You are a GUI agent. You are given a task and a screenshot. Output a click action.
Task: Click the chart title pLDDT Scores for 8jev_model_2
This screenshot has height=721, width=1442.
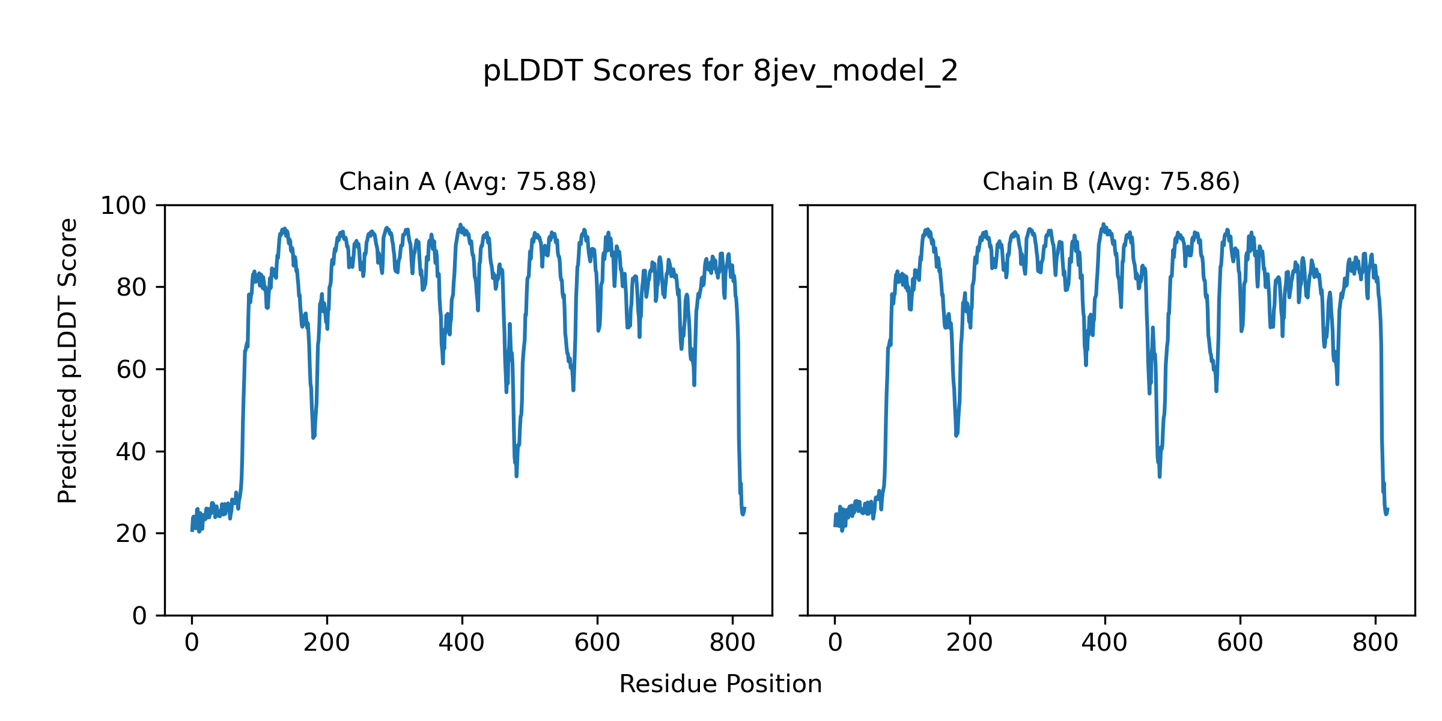[720, 71]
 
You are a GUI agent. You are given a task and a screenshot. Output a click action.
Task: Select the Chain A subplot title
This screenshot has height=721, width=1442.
[467, 181]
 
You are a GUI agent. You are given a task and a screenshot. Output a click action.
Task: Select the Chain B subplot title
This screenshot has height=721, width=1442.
[1111, 181]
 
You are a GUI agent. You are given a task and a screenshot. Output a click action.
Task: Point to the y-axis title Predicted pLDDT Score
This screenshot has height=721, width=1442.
[68, 360]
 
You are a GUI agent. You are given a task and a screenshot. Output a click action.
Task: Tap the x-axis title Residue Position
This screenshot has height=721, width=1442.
[720, 684]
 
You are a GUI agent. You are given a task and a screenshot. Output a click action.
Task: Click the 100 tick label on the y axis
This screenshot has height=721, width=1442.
[123, 206]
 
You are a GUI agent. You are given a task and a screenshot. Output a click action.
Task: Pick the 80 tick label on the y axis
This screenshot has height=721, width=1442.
[132, 288]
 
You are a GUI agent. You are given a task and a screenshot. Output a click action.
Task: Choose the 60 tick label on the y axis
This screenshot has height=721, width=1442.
[132, 370]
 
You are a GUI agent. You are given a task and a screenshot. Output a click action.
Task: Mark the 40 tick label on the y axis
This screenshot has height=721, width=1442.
[132, 452]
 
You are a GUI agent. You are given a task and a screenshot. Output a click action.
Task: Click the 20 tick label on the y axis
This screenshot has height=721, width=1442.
[132, 534]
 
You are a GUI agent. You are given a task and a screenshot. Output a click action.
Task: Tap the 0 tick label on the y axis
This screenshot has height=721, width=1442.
[139, 616]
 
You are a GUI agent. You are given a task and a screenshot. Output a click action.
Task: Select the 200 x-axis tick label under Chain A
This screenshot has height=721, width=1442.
[327, 643]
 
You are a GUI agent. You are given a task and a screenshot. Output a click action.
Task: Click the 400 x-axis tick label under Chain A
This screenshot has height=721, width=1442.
[462, 643]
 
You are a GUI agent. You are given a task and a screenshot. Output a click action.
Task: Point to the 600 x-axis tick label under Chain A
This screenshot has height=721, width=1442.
[597, 643]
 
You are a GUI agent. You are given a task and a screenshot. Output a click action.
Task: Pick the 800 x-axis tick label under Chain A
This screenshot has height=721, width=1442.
[732, 643]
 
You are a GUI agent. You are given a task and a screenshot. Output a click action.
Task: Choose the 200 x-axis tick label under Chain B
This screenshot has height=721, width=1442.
[970, 643]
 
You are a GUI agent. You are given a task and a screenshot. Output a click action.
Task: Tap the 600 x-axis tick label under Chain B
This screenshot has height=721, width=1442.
[1240, 643]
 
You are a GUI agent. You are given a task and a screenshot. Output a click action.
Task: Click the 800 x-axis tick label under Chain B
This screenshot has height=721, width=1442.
[1375, 643]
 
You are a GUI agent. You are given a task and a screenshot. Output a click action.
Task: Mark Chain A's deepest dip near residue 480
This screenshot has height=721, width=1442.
[516, 476]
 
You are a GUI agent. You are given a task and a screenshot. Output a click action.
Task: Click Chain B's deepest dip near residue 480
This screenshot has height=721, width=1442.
[1160, 476]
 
